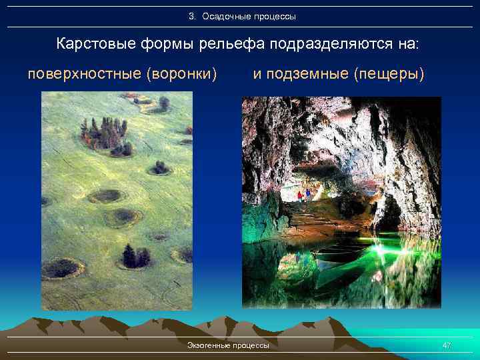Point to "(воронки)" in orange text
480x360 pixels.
pos(181,73)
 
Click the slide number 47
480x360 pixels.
pos(447,345)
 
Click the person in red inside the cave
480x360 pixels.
pos(301,196)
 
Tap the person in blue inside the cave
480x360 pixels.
pos(308,195)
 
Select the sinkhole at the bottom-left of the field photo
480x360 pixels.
pos(63,268)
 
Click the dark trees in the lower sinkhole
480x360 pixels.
pos(135,256)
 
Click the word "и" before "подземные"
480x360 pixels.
pos(256,73)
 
